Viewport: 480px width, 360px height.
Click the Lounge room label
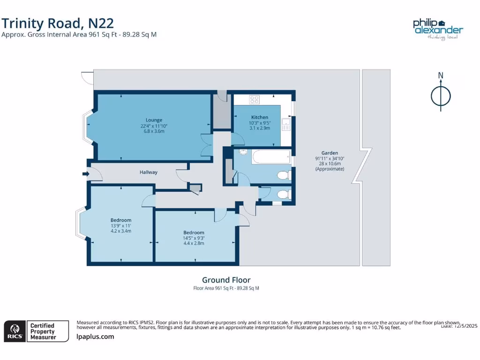(x=154, y=120)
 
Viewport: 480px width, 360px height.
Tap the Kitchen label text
(x=260, y=117)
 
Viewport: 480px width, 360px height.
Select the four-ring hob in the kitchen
(x=255, y=99)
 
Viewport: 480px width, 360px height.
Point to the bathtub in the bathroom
(x=271, y=157)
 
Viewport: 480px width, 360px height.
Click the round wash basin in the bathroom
(x=243, y=152)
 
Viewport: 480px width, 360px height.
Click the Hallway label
(x=149, y=172)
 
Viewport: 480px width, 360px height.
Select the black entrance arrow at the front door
(x=85, y=174)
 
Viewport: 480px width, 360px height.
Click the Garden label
(x=330, y=153)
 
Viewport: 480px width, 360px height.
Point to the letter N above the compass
(x=441, y=75)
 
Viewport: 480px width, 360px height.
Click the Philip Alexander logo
(x=437, y=29)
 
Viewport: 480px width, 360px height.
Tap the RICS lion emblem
(x=15, y=331)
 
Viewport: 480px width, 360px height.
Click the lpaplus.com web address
(x=95, y=337)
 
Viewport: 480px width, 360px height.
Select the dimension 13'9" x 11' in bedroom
(x=121, y=225)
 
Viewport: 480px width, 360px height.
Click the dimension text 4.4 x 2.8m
(x=194, y=243)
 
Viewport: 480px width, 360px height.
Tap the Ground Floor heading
(x=226, y=280)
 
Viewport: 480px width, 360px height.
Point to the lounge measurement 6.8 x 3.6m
(x=154, y=131)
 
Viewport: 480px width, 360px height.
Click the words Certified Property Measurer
(x=43, y=331)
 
